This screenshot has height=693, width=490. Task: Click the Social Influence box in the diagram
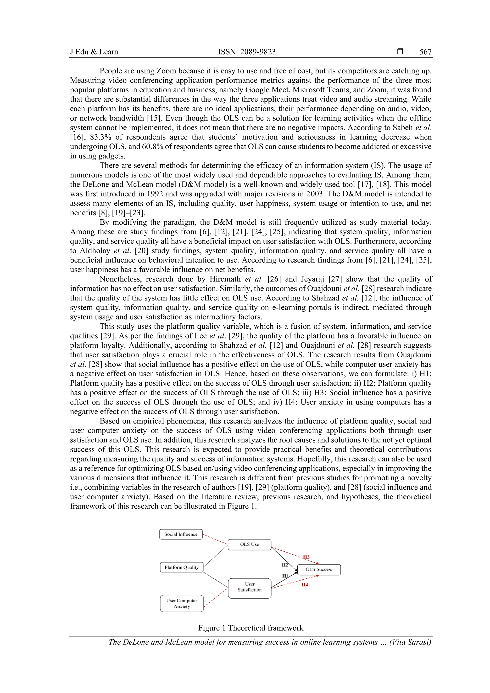point(181,534)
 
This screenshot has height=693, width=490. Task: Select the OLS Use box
point(249,544)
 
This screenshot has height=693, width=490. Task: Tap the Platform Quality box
point(181,567)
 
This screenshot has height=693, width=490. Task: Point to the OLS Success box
point(319,570)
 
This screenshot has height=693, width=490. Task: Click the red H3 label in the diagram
point(306,557)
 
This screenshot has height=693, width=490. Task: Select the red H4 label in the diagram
point(305,585)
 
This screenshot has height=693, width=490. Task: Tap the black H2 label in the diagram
point(285,565)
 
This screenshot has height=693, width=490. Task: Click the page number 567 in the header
point(425,52)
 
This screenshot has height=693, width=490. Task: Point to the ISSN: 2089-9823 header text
point(247,52)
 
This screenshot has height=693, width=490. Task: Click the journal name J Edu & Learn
point(94,52)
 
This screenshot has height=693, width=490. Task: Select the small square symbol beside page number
point(400,52)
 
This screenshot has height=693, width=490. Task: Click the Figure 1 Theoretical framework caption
point(251,628)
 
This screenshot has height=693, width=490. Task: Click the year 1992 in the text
point(156,194)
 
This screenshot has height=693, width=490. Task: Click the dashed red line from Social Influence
point(215,539)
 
